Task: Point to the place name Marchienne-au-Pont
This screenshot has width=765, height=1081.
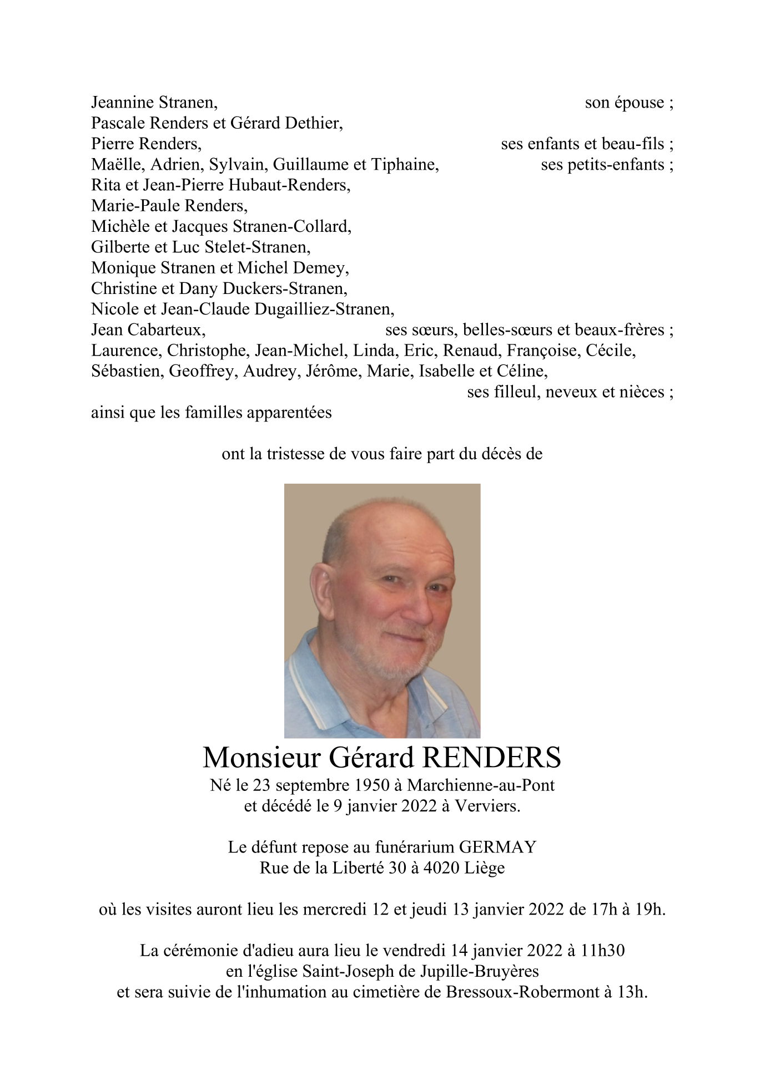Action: pos(481,785)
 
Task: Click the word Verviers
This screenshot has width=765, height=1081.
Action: pos(487,806)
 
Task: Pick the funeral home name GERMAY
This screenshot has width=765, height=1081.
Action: pos(497,847)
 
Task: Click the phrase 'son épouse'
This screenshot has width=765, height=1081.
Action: pos(625,103)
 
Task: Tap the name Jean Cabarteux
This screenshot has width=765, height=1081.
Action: pos(148,330)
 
